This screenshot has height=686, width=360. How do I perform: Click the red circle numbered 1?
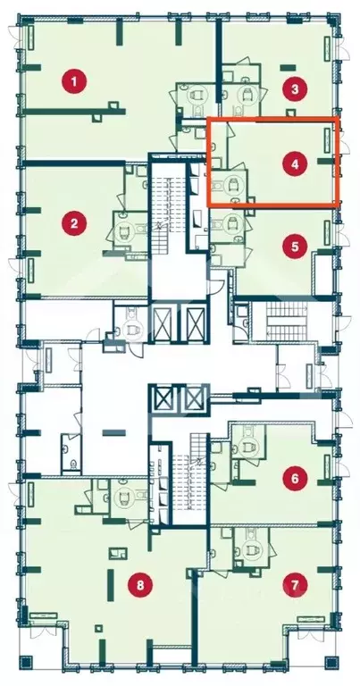coord(74,81)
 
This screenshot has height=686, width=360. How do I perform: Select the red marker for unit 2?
coord(74,223)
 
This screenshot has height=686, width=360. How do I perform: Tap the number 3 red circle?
coord(295,89)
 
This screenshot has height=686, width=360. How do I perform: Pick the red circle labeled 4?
coord(295,164)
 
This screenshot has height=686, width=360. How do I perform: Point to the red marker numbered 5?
coord(295,247)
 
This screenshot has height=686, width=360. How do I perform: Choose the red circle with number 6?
coord(295,478)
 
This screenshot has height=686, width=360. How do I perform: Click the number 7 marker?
coord(295,584)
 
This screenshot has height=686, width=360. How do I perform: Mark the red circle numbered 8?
coord(140,585)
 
